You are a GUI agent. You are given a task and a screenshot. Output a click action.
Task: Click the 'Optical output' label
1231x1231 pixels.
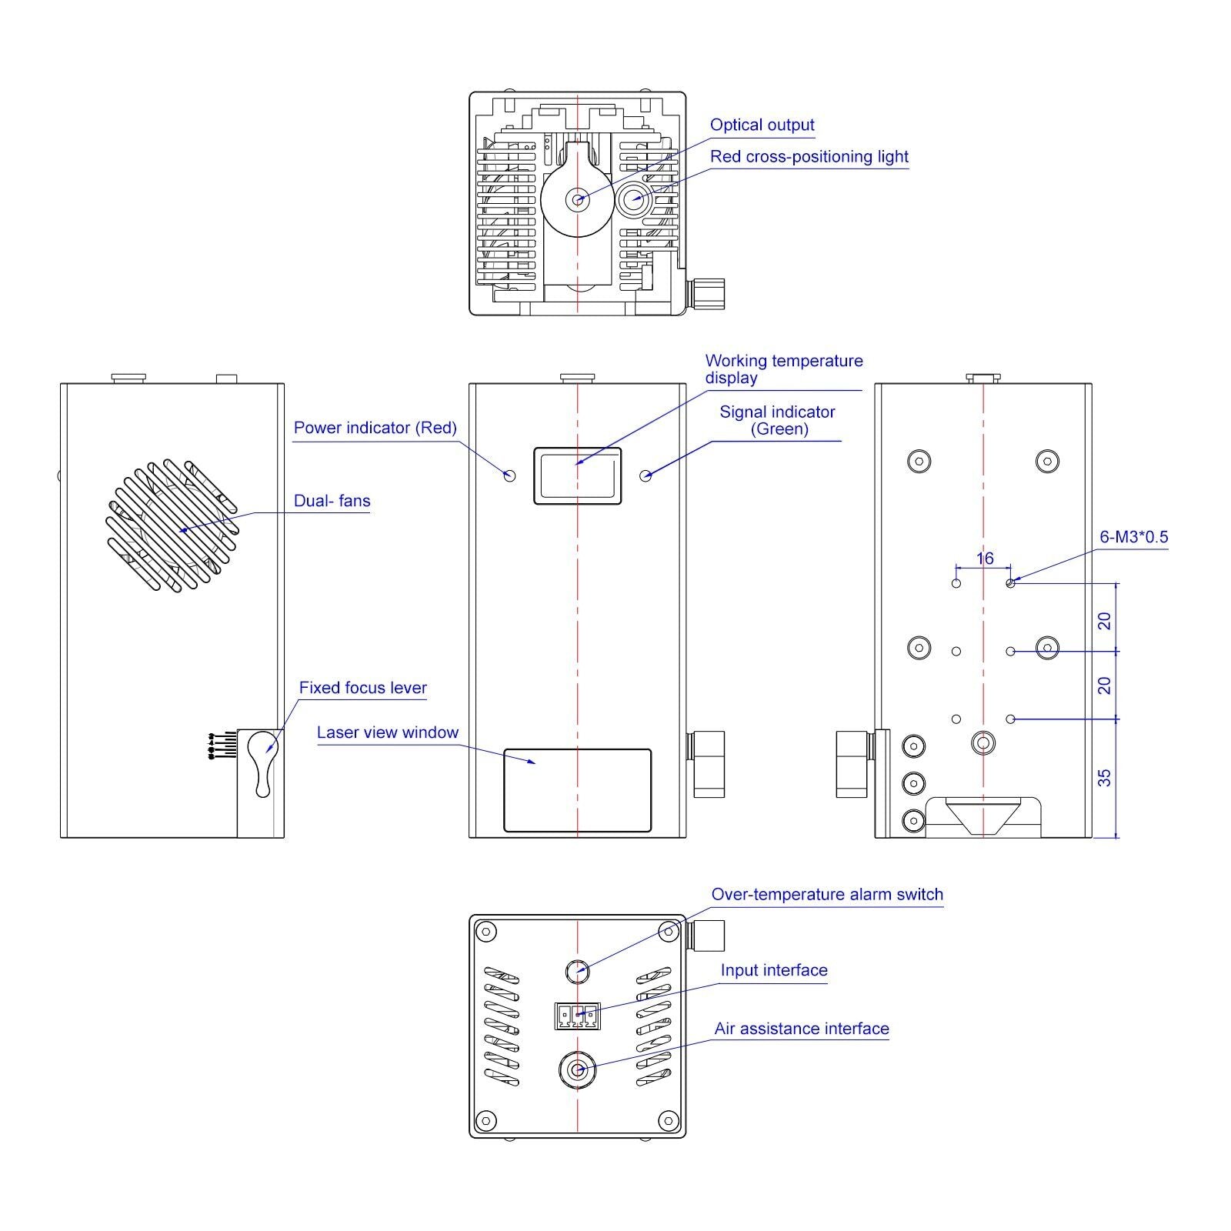(762, 125)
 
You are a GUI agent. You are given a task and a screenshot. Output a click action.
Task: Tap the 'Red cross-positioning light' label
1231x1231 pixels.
(809, 156)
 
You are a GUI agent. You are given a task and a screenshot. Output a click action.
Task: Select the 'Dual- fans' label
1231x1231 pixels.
(332, 501)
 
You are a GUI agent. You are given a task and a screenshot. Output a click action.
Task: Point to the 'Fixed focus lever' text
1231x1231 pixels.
(362, 688)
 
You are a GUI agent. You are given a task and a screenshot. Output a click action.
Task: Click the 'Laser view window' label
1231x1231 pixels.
(387, 732)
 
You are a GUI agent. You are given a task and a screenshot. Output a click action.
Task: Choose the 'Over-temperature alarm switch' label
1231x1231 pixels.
(827, 894)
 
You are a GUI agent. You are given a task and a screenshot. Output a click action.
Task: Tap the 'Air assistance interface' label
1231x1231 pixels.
(802, 1029)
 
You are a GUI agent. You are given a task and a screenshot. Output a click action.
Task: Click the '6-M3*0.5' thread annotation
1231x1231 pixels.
(1133, 537)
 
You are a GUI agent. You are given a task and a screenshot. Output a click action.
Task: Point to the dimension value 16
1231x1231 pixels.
(985, 559)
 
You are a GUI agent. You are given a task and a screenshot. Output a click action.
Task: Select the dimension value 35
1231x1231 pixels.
(1105, 778)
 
